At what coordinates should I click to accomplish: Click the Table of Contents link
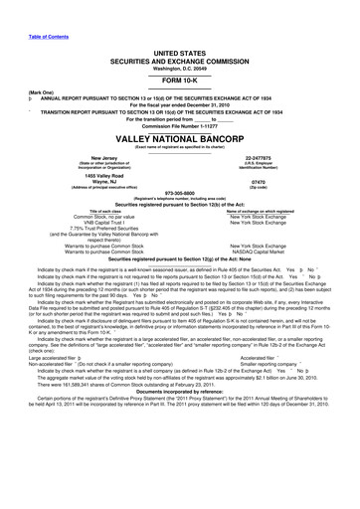pos(27,7)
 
